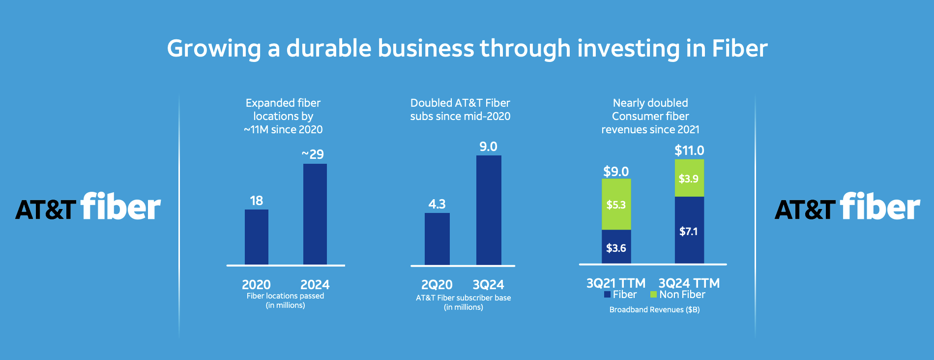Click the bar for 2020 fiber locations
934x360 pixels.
click(257, 237)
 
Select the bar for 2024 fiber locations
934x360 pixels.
click(315, 214)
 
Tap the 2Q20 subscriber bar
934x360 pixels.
click(437, 239)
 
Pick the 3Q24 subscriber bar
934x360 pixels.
click(489, 210)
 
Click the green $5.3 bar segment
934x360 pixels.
click(616, 204)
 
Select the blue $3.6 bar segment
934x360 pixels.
click(616, 247)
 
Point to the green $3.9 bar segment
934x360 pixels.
click(689, 178)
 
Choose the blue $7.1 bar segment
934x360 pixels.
click(689, 230)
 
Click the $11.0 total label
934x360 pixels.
click(689, 150)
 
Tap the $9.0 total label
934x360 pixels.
click(616, 172)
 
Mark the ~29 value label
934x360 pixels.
click(313, 154)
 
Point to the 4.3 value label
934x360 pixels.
click(437, 204)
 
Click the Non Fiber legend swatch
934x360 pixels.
click(653, 295)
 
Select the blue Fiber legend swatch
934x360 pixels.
click(607, 295)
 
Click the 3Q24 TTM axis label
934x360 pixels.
click(689, 283)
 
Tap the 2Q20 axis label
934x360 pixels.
click(437, 285)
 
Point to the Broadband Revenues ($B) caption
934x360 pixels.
click(654, 310)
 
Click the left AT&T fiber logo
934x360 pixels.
click(88, 207)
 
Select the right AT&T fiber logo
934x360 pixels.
click(847, 207)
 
